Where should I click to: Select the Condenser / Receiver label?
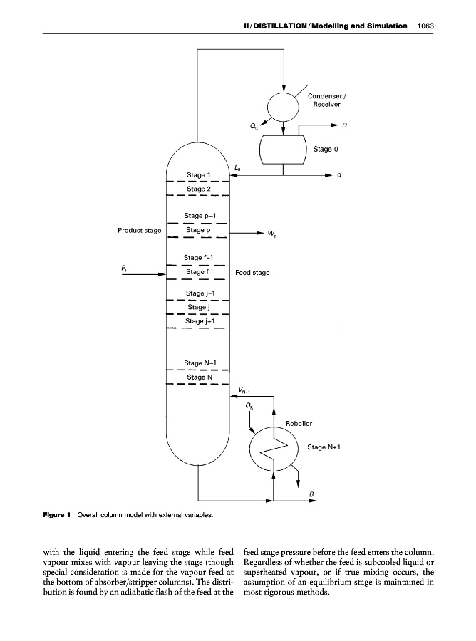pyautogui.click(x=328, y=100)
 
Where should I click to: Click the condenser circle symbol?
pyautogui.click(x=284, y=108)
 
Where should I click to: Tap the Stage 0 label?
pyautogui.click(x=326, y=150)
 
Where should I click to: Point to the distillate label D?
pyautogui.click(x=344, y=125)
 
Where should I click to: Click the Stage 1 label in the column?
pyautogui.click(x=198, y=174)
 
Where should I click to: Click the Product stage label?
pyautogui.click(x=140, y=230)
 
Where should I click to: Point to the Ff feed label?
pyautogui.click(x=125, y=268)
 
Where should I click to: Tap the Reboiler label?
pyautogui.click(x=299, y=423)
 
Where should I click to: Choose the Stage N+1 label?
pyautogui.click(x=324, y=447)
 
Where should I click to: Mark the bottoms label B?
pyautogui.click(x=311, y=494)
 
